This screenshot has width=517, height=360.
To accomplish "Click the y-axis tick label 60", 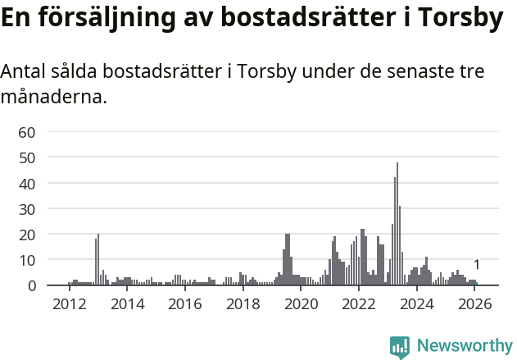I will tap(26, 132).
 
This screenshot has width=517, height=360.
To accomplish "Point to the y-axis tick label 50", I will tap(26, 157).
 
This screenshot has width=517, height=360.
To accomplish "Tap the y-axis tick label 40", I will tap(26, 184).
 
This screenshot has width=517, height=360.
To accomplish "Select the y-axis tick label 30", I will tap(26, 209).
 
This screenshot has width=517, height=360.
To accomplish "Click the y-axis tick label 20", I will tap(26, 235).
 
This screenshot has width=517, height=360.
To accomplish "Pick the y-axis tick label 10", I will tap(26, 260).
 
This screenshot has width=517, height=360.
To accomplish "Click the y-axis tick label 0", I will tap(31, 285).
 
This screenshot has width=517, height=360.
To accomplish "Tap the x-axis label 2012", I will tap(69, 304).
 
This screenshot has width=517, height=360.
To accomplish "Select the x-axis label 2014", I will tap(127, 304).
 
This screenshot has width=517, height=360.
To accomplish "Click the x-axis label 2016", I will tap(185, 304).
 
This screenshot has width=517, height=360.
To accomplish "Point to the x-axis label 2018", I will tap(243, 304).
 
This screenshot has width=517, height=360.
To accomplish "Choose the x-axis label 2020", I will tap(301, 304).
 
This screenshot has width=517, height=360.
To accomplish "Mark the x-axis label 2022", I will tap(358, 304).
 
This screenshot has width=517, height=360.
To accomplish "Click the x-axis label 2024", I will tap(416, 304).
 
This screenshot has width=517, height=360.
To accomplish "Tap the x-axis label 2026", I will tap(474, 304).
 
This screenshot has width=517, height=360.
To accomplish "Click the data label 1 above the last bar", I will tap(476, 265).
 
